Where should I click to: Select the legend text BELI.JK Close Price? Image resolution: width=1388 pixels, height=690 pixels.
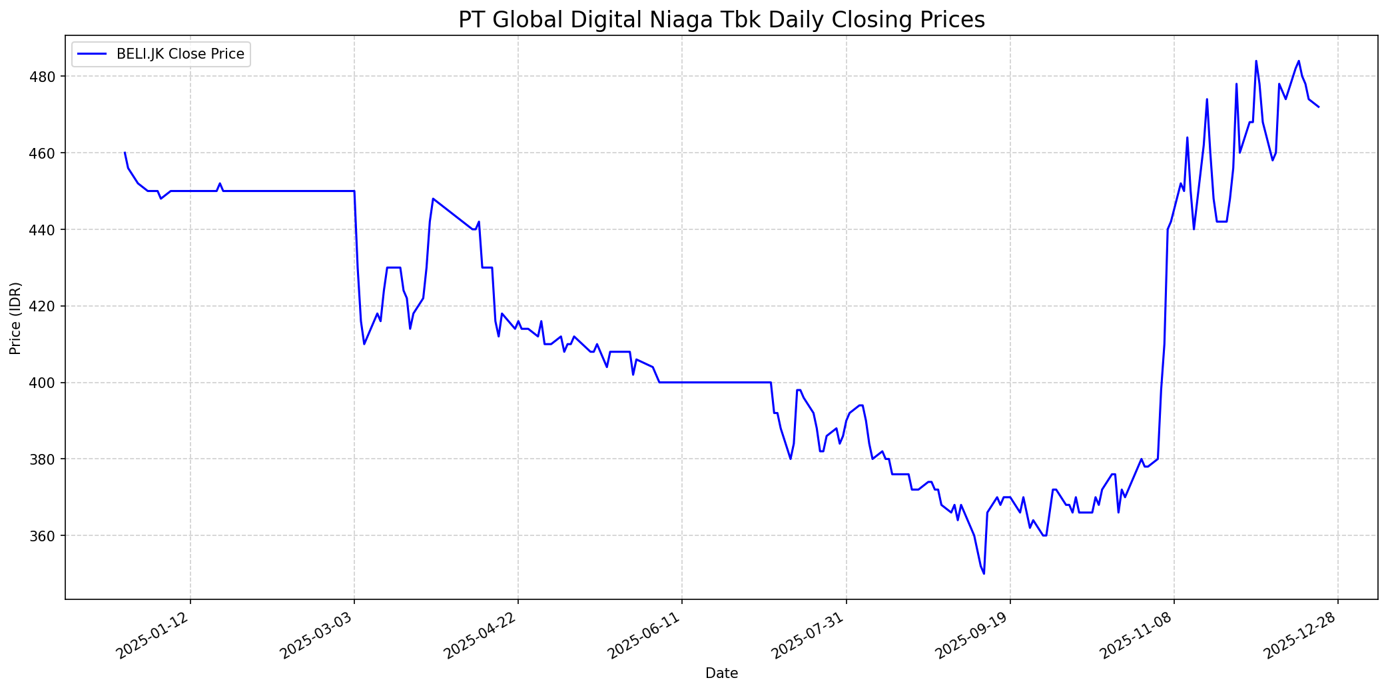point(180,54)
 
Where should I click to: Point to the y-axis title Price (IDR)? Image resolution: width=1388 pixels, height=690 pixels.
point(15,318)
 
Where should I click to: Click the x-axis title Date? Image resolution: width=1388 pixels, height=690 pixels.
point(721,674)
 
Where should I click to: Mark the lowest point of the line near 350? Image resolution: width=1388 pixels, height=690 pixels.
point(984,573)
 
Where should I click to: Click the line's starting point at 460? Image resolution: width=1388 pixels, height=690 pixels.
point(125,153)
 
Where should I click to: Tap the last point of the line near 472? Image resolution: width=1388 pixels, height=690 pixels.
point(1318,107)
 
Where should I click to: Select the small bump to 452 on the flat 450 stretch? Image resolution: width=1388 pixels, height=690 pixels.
point(220,183)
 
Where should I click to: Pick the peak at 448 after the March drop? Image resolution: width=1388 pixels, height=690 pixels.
point(433,199)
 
